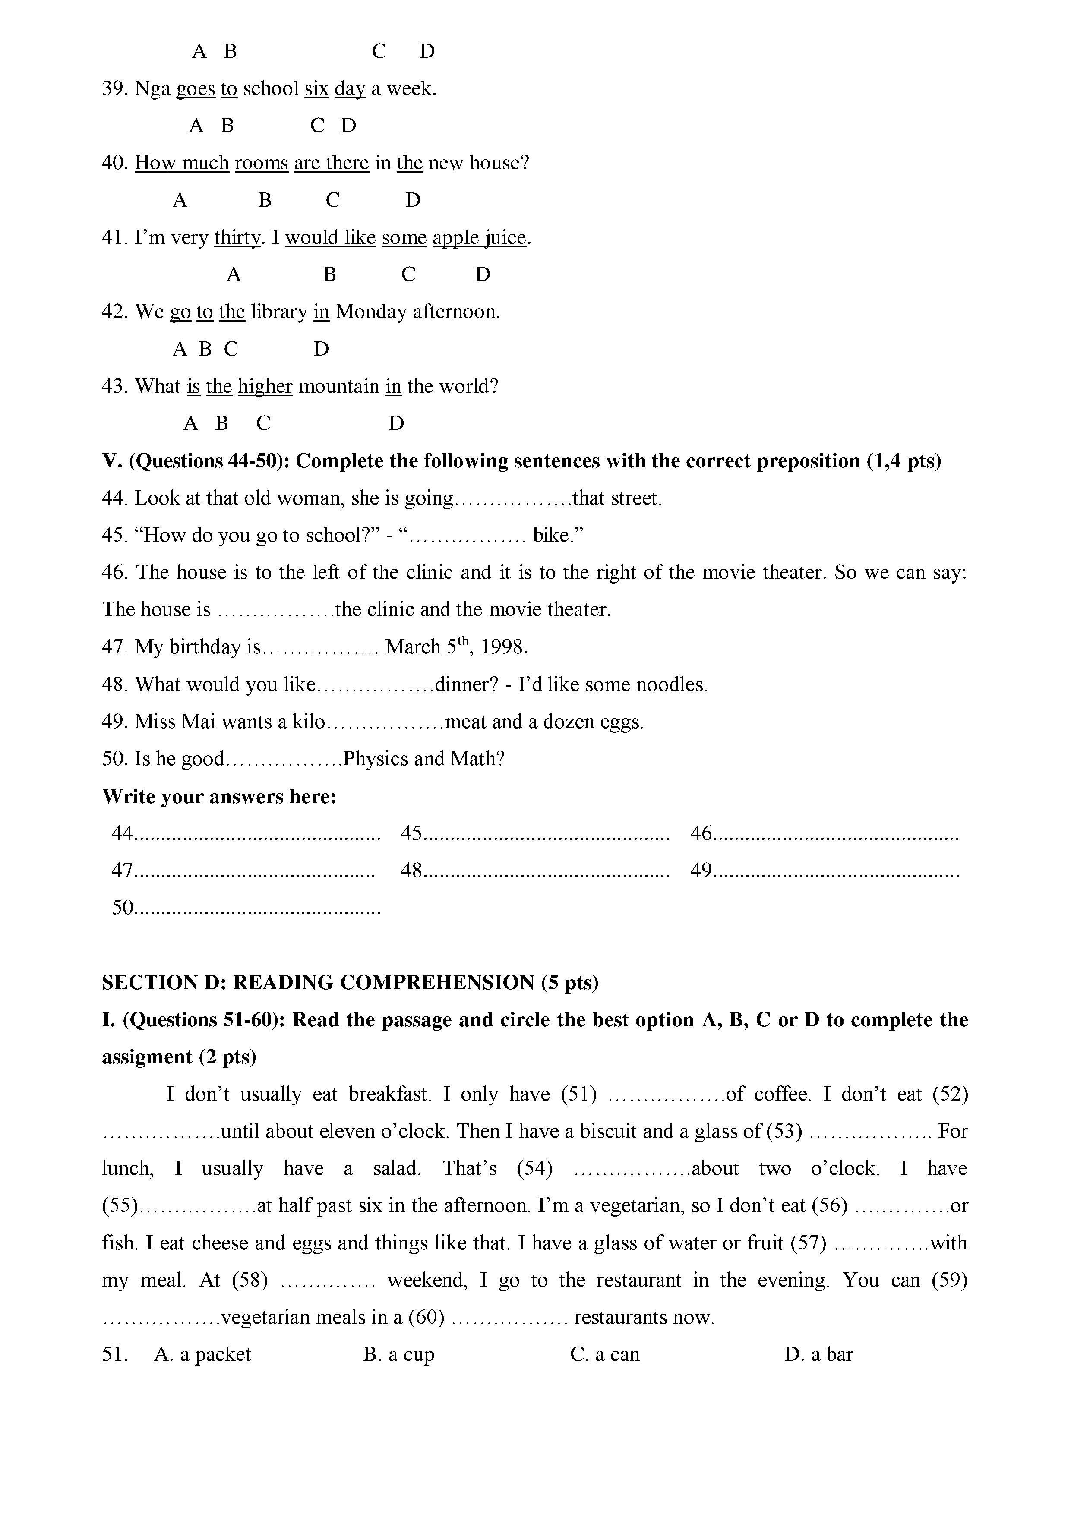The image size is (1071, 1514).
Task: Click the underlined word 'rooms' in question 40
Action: (261, 163)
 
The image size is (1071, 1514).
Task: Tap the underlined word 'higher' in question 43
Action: (265, 386)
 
